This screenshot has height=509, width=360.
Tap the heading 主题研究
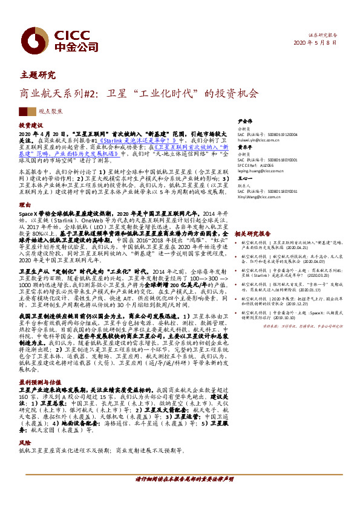tap(38, 76)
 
